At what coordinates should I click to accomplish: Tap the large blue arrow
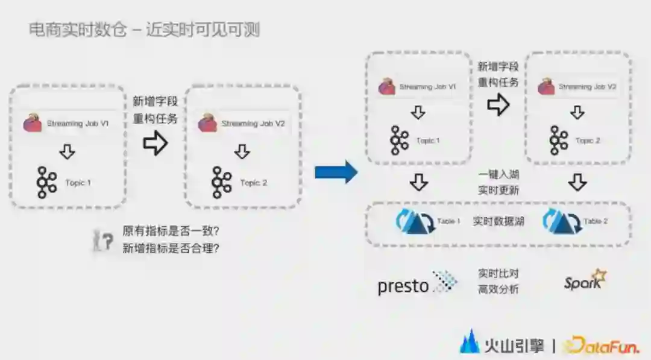point(336,172)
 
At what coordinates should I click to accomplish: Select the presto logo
point(417,284)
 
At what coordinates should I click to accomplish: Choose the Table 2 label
point(596,221)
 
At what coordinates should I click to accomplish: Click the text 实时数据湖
point(498,221)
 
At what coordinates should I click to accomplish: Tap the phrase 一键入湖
point(498,175)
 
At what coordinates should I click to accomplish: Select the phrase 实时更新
point(498,190)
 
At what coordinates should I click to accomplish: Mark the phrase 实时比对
point(498,274)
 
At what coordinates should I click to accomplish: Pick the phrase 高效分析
point(498,289)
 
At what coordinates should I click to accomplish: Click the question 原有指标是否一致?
point(170,231)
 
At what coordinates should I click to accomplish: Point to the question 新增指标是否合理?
point(170,247)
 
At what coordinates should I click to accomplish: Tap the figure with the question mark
point(103,240)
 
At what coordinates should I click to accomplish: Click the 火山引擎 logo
point(502,345)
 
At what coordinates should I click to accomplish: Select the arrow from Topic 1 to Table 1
point(418,182)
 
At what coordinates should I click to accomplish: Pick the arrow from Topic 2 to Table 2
point(577,182)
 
